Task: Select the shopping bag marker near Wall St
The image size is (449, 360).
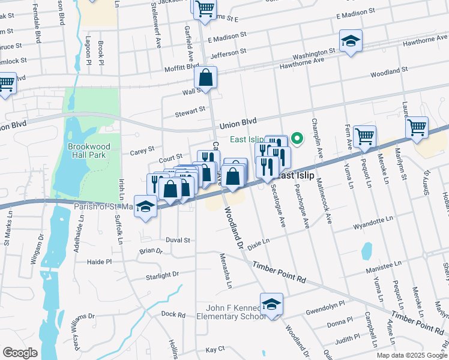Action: pos(205,78)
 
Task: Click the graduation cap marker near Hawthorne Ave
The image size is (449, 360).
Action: pos(351,41)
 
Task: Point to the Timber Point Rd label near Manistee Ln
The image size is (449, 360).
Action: pos(279,273)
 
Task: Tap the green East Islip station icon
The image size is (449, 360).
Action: pos(296,140)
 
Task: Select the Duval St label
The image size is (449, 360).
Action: pos(178,239)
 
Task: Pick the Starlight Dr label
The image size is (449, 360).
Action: pos(163,276)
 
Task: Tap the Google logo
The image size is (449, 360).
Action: pos(20,353)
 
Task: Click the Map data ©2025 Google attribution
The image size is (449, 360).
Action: pos(411,355)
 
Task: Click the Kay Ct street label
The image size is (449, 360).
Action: pos(214,349)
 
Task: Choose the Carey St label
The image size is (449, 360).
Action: pos(142,151)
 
